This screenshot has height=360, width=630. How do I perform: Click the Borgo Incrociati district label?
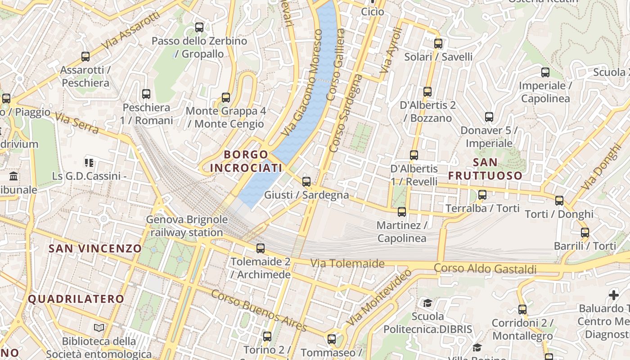click(x=246, y=161)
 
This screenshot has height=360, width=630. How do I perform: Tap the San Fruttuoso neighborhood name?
click(x=485, y=169)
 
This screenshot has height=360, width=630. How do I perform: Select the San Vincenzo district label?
click(x=95, y=248)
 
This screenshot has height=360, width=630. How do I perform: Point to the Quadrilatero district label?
click(x=76, y=299)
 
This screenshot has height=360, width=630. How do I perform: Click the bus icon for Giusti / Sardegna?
click(x=306, y=182)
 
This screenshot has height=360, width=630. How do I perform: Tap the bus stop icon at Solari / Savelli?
click(x=438, y=44)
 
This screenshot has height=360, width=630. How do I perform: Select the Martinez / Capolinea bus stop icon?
click(x=402, y=212)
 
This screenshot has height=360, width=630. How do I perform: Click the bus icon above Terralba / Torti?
click(x=482, y=195)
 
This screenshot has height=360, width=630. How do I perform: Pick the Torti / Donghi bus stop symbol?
click(x=559, y=201)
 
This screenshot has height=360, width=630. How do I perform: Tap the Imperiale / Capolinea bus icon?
click(x=545, y=72)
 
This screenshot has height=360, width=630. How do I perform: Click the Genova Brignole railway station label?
click(x=187, y=226)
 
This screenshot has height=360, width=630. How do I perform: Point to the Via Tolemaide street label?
click(x=347, y=263)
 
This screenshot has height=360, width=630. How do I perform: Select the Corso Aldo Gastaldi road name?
click(x=485, y=269)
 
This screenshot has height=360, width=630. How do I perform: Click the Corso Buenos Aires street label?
click(x=259, y=310)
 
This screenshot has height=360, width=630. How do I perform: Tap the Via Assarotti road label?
click(x=130, y=31)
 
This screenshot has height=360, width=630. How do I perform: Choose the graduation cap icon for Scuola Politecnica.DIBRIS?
click(x=427, y=303)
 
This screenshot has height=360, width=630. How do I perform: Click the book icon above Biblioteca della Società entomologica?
click(x=99, y=328)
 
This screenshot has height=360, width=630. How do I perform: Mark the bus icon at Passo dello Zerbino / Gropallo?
click(x=199, y=27)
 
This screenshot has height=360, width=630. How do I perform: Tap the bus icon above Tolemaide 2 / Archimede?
click(x=261, y=248)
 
